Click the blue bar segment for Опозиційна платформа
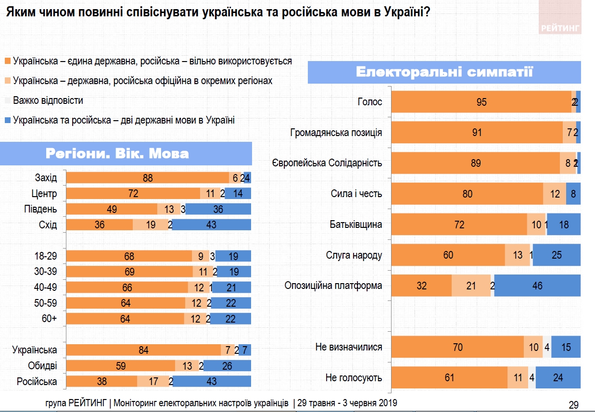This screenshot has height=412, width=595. (537, 286)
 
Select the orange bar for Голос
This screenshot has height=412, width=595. (481, 102)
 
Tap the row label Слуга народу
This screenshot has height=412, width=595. (354, 255)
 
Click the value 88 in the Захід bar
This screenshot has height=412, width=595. (148, 178)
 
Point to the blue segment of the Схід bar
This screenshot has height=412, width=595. (211, 225)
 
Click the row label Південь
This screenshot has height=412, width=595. (40, 209)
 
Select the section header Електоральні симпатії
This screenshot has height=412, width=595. (444, 73)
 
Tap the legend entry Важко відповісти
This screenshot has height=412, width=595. (48, 100)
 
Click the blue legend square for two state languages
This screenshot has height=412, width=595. (8, 120)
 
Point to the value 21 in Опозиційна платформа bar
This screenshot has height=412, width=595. (471, 286)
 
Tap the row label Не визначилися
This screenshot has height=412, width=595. (349, 347)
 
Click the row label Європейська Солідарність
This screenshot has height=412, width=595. (327, 163)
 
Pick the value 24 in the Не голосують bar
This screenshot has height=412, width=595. (558, 378)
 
